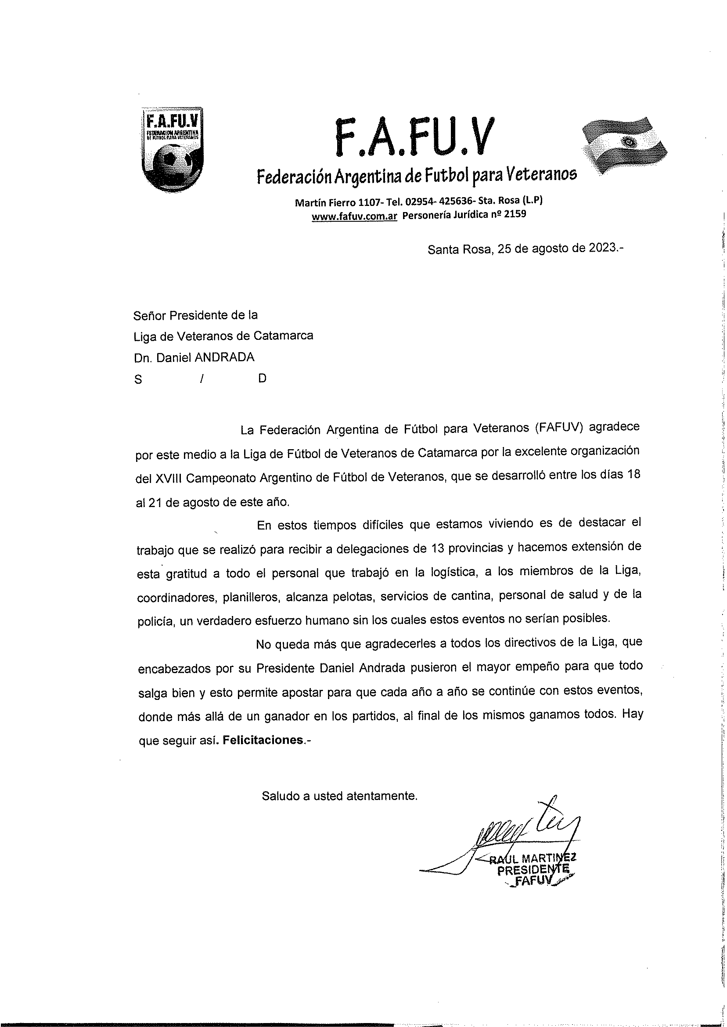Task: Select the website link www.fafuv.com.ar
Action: (355, 216)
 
